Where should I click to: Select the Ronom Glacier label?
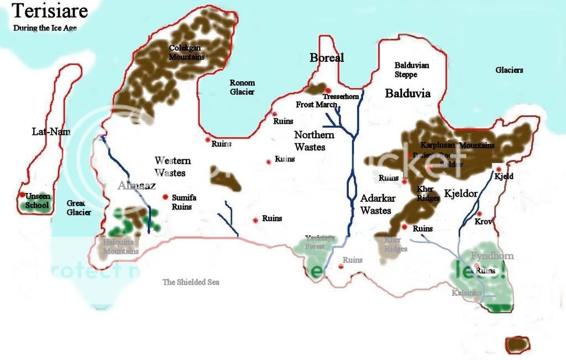(x=242, y=87)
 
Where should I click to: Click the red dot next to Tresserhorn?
(x=328, y=91)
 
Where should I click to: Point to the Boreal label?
(x=327, y=58)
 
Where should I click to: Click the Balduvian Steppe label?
(x=411, y=70)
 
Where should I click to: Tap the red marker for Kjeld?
(x=499, y=169)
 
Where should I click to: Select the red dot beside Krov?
(x=480, y=214)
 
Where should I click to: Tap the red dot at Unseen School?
(x=23, y=195)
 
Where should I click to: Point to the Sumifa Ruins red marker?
(x=165, y=197)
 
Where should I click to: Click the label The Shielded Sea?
(x=191, y=282)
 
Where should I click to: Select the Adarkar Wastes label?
(x=376, y=204)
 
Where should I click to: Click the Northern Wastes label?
(x=313, y=141)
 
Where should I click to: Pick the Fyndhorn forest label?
(x=492, y=255)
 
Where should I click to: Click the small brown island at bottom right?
(x=517, y=344)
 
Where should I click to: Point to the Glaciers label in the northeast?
(x=509, y=70)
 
